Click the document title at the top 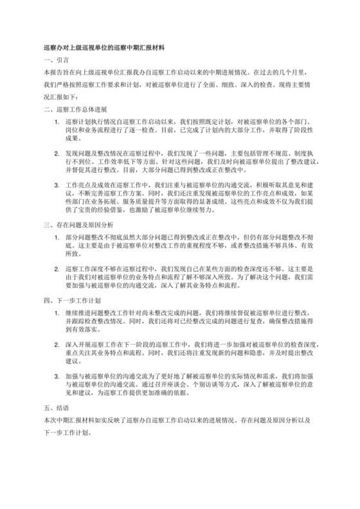pos(104,47)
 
